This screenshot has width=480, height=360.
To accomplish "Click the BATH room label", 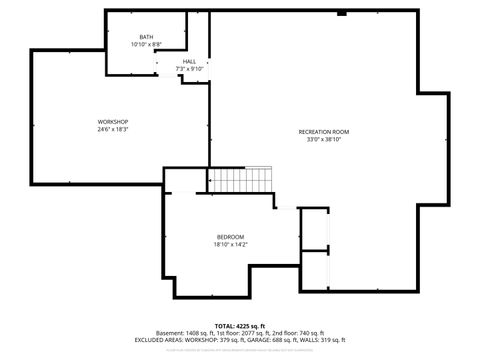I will (x=147, y=37).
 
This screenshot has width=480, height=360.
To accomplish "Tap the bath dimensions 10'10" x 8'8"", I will (x=147, y=45).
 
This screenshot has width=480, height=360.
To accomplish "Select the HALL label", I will (x=189, y=61).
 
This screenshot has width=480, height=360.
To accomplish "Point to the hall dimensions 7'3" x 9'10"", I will (x=189, y=69).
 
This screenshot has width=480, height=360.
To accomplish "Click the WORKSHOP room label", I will (x=112, y=121).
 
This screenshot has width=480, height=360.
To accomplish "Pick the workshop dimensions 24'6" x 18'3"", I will (x=112, y=129).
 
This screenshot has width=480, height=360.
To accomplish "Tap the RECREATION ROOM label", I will (x=323, y=132).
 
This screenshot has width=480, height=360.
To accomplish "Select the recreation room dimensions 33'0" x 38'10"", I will (x=323, y=140).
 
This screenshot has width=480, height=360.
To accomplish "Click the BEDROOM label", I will (x=230, y=236).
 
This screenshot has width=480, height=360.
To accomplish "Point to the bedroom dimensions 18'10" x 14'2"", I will (x=230, y=244).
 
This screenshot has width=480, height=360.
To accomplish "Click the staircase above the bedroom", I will (x=240, y=181).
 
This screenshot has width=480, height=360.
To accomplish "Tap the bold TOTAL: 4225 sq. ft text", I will (x=238, y=326).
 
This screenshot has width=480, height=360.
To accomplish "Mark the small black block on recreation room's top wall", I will (x=342, y=14).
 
